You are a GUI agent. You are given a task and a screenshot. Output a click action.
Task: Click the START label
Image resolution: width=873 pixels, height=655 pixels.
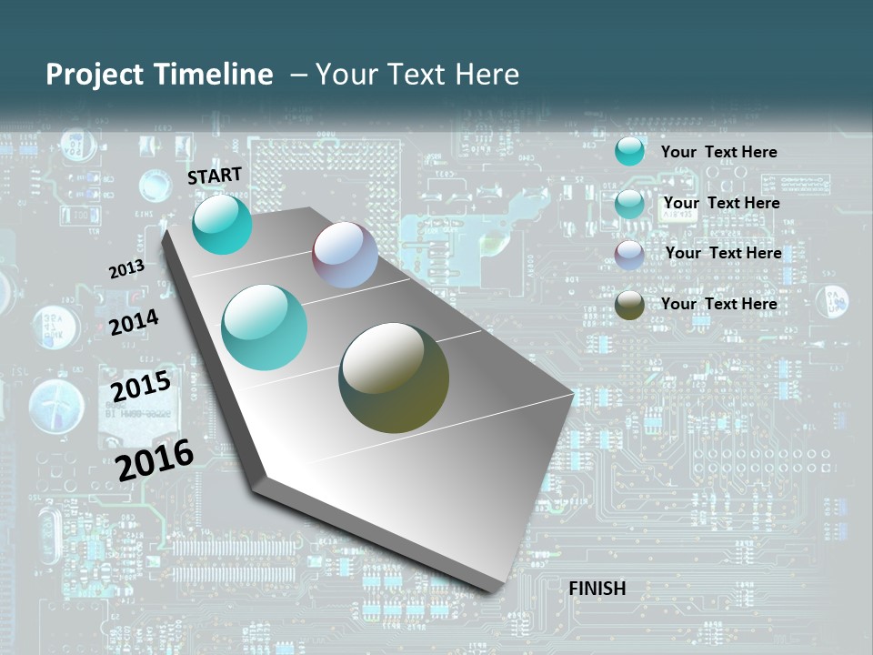click(x=215, y=176)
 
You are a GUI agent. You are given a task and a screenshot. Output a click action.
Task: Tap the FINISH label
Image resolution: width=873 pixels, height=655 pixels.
click(x=597, y=589)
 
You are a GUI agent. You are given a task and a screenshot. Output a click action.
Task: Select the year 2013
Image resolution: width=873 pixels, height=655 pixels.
click(x=126, y=269)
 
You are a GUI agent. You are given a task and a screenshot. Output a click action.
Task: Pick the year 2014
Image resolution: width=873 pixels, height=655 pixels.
click(x=134, y=322)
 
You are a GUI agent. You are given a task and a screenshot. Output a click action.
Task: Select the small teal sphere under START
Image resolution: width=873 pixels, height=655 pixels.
click(x=222, y=225)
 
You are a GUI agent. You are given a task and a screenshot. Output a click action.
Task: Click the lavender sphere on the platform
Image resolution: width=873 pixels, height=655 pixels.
click(x=345, y=255)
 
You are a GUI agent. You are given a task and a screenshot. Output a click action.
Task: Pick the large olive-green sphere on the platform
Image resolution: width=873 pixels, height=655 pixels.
click(x=394, y=378)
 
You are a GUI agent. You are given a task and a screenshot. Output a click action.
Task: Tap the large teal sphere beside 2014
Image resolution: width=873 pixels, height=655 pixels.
click(x=264, y=327)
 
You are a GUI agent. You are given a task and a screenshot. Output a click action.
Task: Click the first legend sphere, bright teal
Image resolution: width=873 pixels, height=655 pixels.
click(x=629, y=151)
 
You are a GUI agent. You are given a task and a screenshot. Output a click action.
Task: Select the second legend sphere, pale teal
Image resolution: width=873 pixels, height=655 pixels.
click(x=629, y=204)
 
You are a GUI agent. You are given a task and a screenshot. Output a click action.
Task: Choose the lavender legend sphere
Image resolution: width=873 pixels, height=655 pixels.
click(x=629, y=255)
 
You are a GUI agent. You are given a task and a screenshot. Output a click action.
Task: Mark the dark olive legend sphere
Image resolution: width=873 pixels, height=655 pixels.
click(x=629, y=306)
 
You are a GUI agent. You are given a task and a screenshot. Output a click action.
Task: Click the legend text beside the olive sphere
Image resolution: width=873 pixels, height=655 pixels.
click(x=718, y=304)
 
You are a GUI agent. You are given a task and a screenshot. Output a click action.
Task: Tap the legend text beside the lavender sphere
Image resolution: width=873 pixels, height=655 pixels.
click(x=723, y=253)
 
